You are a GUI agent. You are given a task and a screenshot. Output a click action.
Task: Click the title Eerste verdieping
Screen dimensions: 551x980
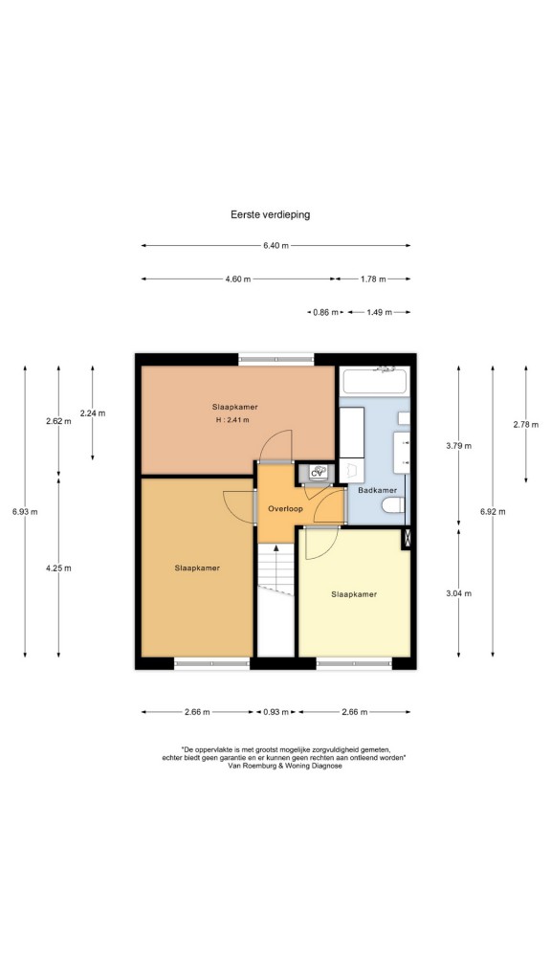pyautogui.click(x=271, y=214)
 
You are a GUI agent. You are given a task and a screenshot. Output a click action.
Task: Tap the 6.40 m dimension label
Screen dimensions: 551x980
pyautogui.click(x=275, y=246)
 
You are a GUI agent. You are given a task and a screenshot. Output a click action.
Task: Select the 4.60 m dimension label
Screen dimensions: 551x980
pyautogui.click(x=238, y=279)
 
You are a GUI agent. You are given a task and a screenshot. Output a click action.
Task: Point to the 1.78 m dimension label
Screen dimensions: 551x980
pyautogui.click(x=373, y=279)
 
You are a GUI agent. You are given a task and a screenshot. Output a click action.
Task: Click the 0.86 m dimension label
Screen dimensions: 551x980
pyautogui.click(x=325, y=313)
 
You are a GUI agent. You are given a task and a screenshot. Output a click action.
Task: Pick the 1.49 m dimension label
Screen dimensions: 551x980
pyautogui.click(x=379, y=313)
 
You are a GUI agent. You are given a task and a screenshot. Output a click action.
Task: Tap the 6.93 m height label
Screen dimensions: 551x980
pyautogui.click(x=25, y=512)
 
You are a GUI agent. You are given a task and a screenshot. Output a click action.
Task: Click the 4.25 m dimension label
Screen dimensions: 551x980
pyautogui.click(x=58, y=568)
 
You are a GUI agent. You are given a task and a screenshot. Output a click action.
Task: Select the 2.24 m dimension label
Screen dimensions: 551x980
pyautogui.click(x=93, y=413)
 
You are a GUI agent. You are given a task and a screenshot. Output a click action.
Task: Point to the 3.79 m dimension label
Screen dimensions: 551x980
pyautogui.click(x=458, y=446)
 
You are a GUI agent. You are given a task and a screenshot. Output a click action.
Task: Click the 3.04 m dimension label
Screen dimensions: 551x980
pyautogui.click(x=458, y=593)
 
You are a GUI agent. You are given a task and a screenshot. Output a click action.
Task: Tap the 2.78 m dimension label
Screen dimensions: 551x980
pyautogui.click(x=526, y=424)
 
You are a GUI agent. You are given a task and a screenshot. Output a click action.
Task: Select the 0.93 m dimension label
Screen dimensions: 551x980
pyautogui.click(x=275, y=712)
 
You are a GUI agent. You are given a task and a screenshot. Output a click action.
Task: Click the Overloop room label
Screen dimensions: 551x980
pyautogui.click(x=285, y=509)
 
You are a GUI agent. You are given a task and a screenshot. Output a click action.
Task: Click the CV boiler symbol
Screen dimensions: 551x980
pyautogui.click(x=317, y=473)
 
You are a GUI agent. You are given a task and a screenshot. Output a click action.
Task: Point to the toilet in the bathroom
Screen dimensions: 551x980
pyautogui.click(x=392, y=505)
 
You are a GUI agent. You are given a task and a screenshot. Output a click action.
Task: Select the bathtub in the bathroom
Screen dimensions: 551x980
pyautogui.click(x=374, y=382)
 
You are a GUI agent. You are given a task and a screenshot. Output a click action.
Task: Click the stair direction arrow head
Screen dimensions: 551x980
pyautogui.click(x=276, y=548)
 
